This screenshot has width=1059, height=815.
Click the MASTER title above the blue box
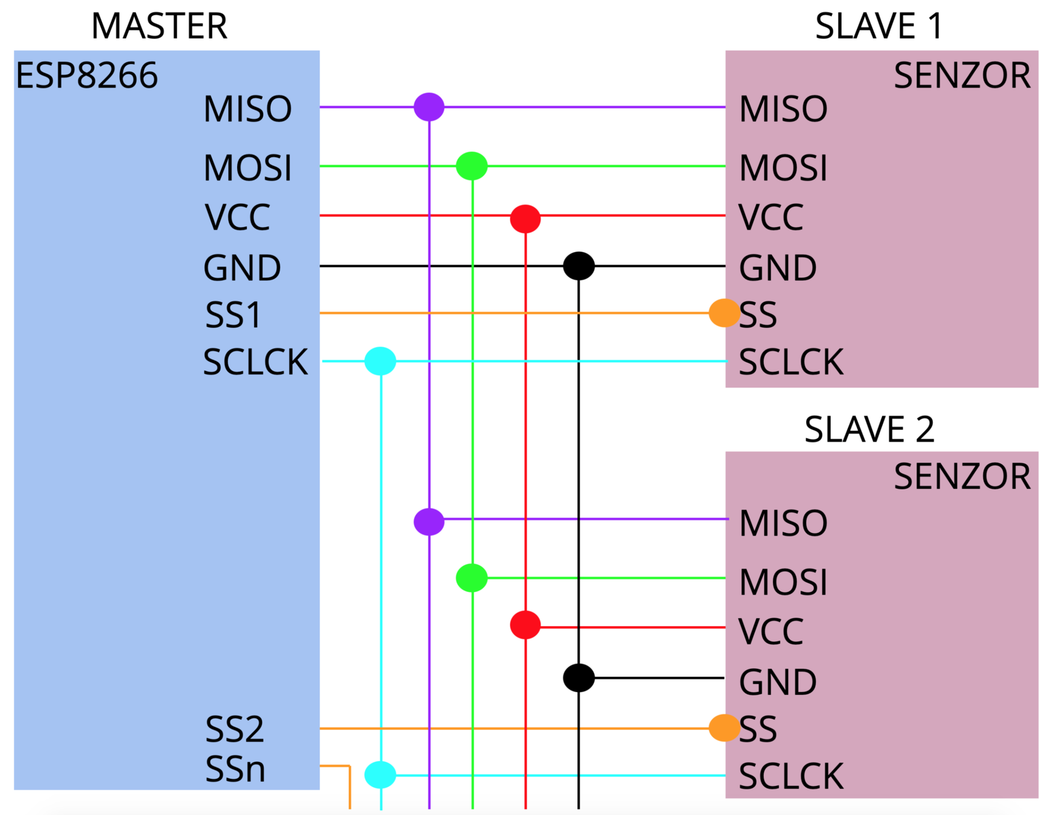pyautogui.click(x=159, y=26)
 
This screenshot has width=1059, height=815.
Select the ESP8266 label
pyautogui.click(x=87, y=75)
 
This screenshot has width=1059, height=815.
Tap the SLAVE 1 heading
pyautogui.click(x=878, y=26)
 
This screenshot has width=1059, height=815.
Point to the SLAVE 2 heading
pyautogui.click(x=869, y=429)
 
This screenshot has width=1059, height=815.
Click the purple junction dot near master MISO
pyautogui.click(x=429, y=107)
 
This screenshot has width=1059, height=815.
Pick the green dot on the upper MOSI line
pyautogui.click(x=472, y=166)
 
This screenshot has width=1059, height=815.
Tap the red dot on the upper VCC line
pyautogui.click(x=525, y=218)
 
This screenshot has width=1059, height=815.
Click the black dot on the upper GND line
pyautogui.click(x=579, y=266)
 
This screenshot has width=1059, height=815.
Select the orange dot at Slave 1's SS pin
pyautogui.click(x=724, y=313)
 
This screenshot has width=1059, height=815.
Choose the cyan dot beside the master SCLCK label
pyautogui.click(x=380, y=361)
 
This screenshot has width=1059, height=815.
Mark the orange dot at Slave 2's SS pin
pyautogui.click(x=724, y=727)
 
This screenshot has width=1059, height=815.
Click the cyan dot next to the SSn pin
pyautogui.click(x=380, y=775)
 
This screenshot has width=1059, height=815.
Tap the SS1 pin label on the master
pyautogui.click(x=233, y=315)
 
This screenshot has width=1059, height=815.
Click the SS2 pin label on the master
pyautogui.click(x=234, y=729)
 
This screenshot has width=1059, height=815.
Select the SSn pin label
pyautogui.click(x=235, y=769)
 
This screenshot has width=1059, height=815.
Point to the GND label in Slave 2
pyautogui.click(x=777, y=682)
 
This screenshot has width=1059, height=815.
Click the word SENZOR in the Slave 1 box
pyautogui.click(x=962, y=75)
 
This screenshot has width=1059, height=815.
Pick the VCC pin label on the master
pyautogui.click(x=237, y=217)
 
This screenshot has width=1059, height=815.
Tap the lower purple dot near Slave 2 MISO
pyautogui.click(x=429, y=522)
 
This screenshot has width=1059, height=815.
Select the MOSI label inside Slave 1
pyautogui.click(x=783, y=168)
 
